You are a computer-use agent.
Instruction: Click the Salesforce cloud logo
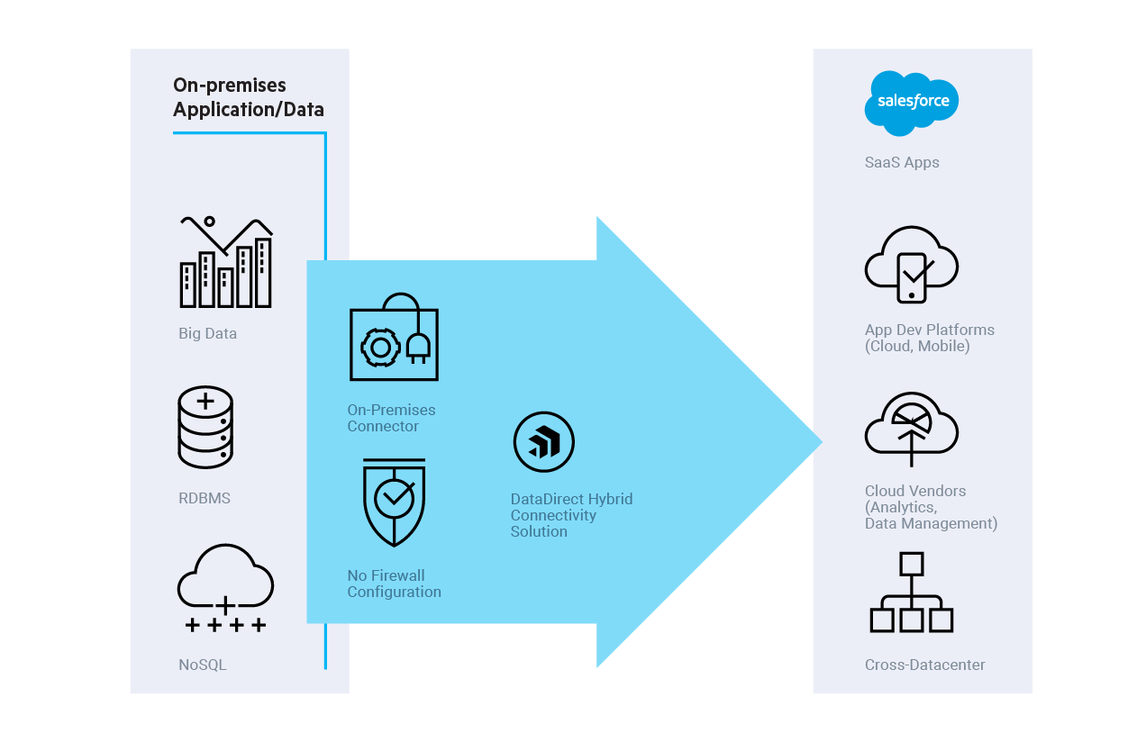(x=912, y=103)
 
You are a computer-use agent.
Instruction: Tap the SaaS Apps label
(x=902, y=163)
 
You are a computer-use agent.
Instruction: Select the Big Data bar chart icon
(x=225, y=262)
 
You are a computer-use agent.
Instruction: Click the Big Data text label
(x=207, y=333)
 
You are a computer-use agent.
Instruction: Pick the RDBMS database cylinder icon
(x=205, y=427)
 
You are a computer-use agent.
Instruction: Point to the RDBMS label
(x=205, y=498)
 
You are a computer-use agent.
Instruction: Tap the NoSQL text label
(x=203, y=665)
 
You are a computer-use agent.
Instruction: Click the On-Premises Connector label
(x=391, y=418)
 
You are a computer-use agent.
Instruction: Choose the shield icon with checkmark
(x=394, y=502)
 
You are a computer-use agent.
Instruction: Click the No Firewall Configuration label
(x=394, y=584)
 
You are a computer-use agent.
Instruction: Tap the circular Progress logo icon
(x=543, y=442)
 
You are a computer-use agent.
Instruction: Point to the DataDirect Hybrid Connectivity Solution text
(x=571, y=515)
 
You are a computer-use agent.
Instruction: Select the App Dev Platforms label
(x=929, y=338)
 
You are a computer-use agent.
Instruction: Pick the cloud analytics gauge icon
(x=911, y=429)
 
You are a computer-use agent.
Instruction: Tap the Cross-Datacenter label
(x=924, y=665)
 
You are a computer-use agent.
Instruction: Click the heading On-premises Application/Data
(x=248, y=97)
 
